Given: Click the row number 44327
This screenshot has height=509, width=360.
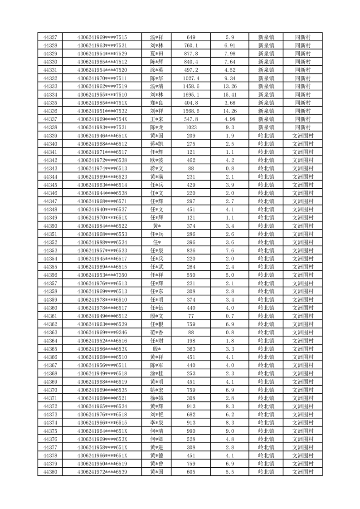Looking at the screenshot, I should (x=50, y=37).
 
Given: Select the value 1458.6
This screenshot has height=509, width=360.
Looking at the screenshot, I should (x=191, y=86).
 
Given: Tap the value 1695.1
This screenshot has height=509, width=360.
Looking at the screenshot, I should (x=191, y=94).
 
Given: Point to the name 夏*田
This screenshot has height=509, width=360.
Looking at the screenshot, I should (x=156, y=54).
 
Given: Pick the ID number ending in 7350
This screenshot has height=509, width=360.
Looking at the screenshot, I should (x=102, y=275).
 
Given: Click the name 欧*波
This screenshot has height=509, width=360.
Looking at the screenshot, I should (x=156, y=160).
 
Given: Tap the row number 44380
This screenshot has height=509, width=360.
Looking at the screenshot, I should (x=50, y=472).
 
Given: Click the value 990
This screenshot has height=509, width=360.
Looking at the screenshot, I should (x=191, y=431).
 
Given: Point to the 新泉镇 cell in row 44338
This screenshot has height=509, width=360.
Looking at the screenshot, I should (x=266, y=127).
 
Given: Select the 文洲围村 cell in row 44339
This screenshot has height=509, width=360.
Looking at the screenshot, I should (x=302, y=136).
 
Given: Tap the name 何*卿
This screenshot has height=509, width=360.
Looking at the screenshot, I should (x=156, y=439).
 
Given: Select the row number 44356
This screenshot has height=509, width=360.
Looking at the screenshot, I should (x=50, y=275).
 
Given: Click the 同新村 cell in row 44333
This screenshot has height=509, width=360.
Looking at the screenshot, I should (x=302, y=86).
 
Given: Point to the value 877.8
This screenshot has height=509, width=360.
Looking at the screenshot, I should (x=191, y=54).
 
